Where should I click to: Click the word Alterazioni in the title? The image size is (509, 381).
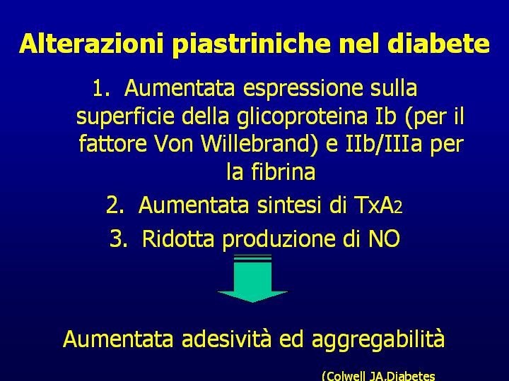[x=91, y=43]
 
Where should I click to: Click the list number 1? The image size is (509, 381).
[x=100, y=87]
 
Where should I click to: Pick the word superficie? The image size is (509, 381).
[x=125, y=116]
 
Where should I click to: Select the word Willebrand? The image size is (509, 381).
[x=255, y=143]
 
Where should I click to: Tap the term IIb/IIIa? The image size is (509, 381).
[x=384, y=144]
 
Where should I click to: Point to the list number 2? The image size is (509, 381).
[x=115, y=205]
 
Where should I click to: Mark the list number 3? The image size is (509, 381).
[x=119, y=238]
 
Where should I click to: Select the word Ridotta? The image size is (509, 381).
[x=178, y=238]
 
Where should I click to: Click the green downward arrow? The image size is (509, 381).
[x=252, y=278]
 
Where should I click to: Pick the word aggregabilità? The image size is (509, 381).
[x=378, y=340]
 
